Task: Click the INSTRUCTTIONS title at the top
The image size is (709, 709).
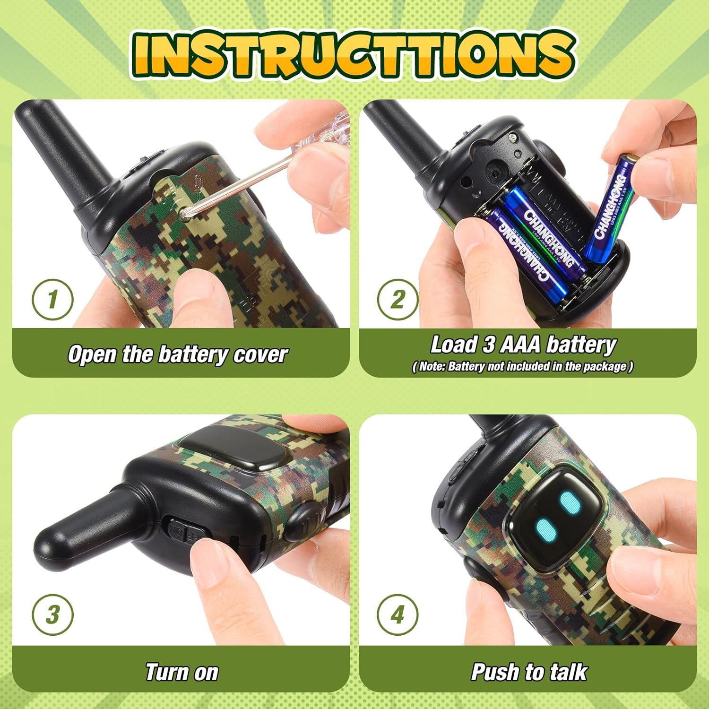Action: (x=354, y=54)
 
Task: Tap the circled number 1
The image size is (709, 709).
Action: (x=52, y=300)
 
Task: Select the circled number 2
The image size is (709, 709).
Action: (x=398, y=300)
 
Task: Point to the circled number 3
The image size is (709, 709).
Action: (x=52, y=615)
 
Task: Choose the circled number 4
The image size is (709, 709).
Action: (x=398, y=615)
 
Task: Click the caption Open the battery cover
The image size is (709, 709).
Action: (x=177, y=354)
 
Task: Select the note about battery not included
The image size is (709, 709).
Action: (x=522, y=367)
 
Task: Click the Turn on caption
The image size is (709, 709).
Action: (x=182, y=672)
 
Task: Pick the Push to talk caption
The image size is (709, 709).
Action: (x=529, y=672)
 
